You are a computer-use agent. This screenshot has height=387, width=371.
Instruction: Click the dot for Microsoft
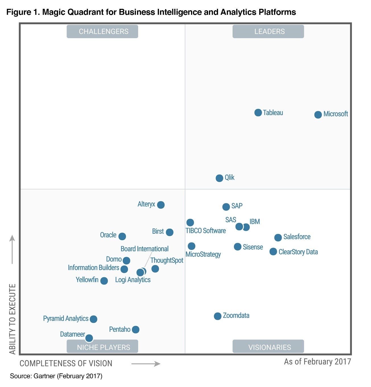tap(318, 115)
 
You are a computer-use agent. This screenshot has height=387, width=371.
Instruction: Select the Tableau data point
tap(258, 113)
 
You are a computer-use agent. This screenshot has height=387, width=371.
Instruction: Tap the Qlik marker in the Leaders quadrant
tap(219, 178)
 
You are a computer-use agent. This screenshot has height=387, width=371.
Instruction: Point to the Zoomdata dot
tap(217, 316)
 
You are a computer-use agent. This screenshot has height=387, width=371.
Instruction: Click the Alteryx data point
tap(161, 205)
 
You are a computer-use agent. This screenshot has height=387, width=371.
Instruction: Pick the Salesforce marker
tap(278, 237)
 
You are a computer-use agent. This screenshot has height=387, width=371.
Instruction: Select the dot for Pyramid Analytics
tap(93, 319)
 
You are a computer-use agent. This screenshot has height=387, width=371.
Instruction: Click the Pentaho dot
tap(136, 330)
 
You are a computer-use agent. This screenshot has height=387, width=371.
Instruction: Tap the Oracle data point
tap(122, 236)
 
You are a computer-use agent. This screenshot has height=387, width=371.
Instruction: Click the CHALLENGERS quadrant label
tap(102, 32)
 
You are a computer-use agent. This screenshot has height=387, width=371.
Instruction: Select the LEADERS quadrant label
tap(268, 32)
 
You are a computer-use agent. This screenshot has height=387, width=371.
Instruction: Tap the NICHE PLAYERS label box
tap(102, 347)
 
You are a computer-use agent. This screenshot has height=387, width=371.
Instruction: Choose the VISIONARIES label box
tap(268, 347)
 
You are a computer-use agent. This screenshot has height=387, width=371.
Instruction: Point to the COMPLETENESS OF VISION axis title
tap(66, 363)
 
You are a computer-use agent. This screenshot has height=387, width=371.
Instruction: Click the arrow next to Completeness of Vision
tap(146, 364)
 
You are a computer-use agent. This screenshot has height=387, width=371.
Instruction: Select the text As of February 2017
tap(317, 362)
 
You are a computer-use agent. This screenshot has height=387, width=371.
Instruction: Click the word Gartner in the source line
tap(44, 376)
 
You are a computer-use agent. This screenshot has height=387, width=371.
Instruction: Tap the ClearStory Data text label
tap(298, 252)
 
